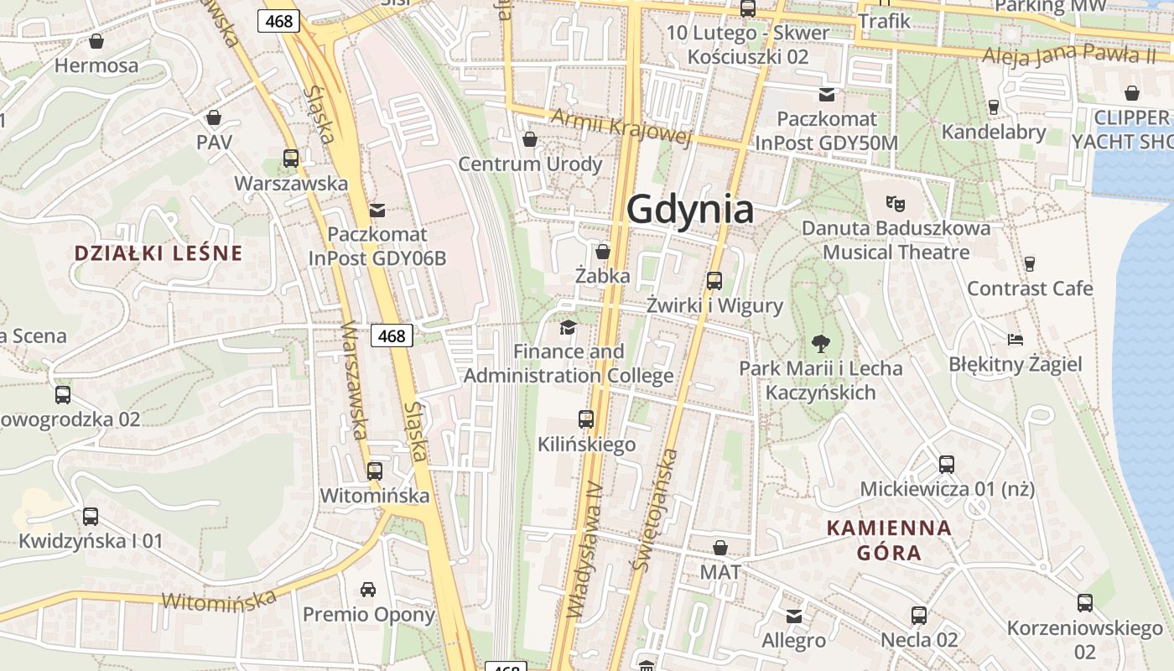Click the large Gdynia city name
690,209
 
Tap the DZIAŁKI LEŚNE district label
158,252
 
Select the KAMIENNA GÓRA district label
889,540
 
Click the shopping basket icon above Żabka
602,252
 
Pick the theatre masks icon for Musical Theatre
896,203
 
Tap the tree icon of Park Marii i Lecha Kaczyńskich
820,342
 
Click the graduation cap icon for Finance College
569,327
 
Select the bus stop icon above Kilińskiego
586,419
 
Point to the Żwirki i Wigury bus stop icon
714,280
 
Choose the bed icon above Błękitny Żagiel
1016,339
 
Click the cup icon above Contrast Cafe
1030,263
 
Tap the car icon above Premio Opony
368,589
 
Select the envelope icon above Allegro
794,616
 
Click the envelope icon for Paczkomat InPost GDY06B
377,210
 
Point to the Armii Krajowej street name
621,127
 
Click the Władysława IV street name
585,549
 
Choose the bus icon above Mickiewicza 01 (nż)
947,464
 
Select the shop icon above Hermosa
96,41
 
